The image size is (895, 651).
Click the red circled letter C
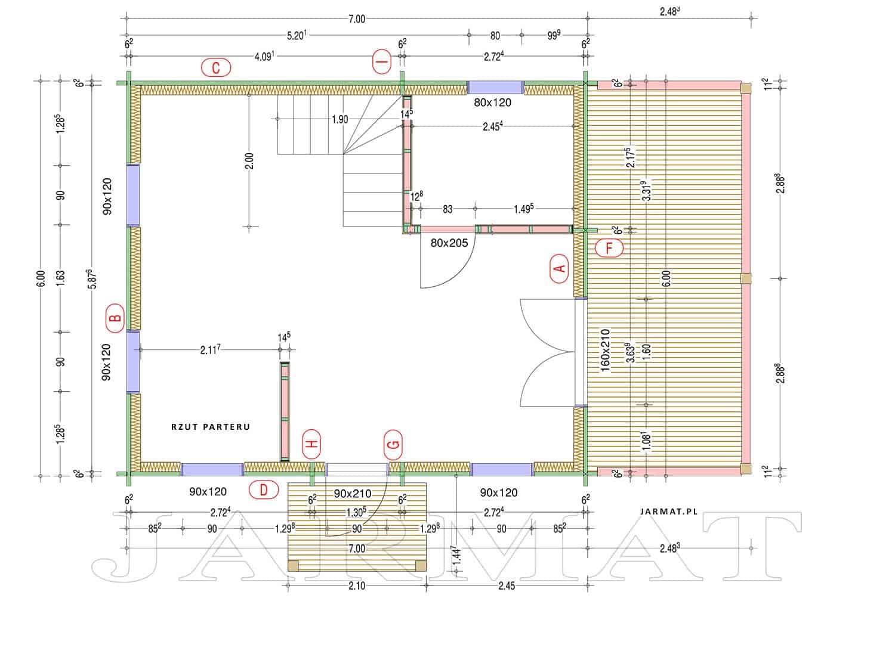coord(216,67)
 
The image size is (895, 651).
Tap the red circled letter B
coord(115,318)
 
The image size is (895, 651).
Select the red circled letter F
coord(609,248)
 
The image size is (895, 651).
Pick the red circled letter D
coord(263,490)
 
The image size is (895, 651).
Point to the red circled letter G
coord(393,445)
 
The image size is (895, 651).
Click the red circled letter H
coord(311,444)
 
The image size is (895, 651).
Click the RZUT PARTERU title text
coord(211,427)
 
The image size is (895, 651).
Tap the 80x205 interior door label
coord(449,243)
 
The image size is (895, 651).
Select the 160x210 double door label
coord(606,350)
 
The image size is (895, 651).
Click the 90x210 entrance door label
coord(353,494)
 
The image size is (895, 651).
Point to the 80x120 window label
coord(492,103)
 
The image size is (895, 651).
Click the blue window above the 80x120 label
coord(495,88)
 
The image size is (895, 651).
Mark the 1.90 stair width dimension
coord(340,119)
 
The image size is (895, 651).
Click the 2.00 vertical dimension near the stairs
coord(249,161)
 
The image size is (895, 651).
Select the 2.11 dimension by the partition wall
coord(210,350)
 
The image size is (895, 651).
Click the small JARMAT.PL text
coord(669,511)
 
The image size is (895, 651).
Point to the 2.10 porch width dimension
coord(357,585)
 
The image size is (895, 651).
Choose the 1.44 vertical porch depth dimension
coord(456,555)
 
